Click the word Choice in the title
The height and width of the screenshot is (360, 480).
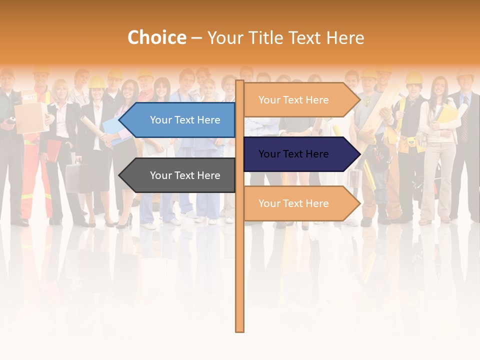156,38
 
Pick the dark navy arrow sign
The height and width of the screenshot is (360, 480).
297,154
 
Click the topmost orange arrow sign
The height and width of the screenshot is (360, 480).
297,100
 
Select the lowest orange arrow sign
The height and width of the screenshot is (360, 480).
297,203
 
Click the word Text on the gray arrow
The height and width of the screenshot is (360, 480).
184,175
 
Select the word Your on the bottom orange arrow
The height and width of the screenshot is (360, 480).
269,203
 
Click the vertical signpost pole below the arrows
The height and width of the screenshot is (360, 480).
239,275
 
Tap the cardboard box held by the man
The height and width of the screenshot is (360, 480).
29,117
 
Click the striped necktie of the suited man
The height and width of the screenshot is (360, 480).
464,122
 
